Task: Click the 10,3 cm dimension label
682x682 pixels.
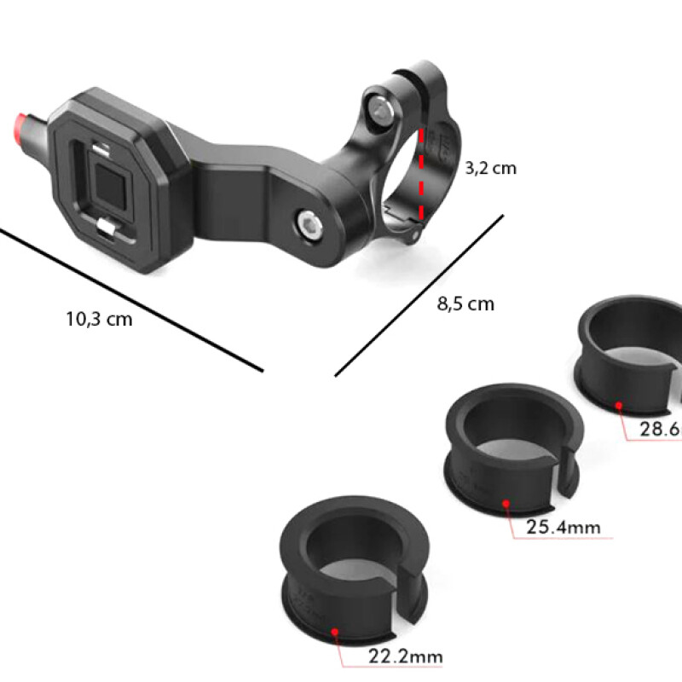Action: pos(99,319)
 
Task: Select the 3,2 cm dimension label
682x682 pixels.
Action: pos(490,168)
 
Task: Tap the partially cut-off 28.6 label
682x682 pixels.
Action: pos(660,429)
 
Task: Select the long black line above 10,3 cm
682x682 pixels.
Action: pos(128,298)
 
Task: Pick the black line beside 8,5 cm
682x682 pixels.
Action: pos(419,294)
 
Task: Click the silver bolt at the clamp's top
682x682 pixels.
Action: pos(378,105)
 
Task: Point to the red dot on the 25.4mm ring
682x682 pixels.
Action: pos(506,503)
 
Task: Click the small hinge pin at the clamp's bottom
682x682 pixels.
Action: pos(415,231)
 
